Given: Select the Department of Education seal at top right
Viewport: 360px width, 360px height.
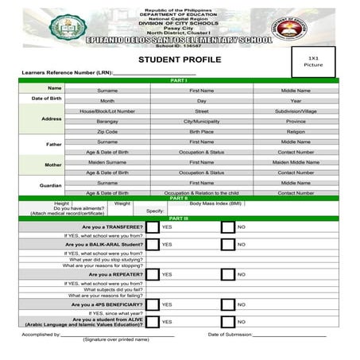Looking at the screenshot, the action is (289, 28).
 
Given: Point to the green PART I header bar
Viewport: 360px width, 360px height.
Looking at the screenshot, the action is (180, 81).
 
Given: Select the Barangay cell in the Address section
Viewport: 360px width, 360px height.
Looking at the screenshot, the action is (106, 122).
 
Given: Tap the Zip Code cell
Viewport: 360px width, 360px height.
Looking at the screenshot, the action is (106, 131).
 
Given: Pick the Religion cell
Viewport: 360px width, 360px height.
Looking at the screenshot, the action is (296, 131).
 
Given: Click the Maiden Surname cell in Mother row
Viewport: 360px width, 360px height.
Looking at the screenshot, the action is (106, 161).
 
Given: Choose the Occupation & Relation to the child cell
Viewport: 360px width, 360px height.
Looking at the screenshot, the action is (201, 192).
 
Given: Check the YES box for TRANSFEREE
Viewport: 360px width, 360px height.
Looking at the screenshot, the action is (153, 227).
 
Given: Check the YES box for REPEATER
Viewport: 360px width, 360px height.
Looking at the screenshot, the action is (153, 274).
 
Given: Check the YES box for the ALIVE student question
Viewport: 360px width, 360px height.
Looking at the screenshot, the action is (153, 322).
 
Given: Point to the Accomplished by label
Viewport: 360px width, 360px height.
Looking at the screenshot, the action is (41, 335).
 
